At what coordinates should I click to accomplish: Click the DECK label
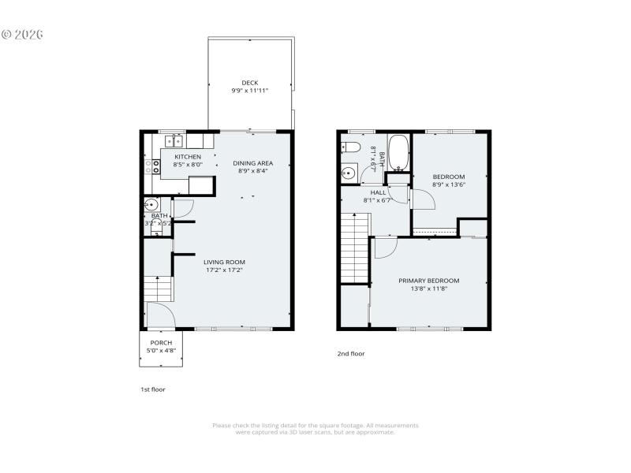pyautogui.click(x=249, y=82)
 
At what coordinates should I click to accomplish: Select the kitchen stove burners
pyautogui.click(x=148, y=166)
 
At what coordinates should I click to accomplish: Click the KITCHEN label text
pyautogui.click(x=189, y=157)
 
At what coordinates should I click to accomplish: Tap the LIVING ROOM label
pyautogui.click(x=224, y=263)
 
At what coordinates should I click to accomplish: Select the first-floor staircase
pyautogui.click(x=159, y=289)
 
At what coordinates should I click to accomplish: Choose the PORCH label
pyautogui.click(x=161, y=342)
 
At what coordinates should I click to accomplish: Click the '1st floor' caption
pyautogui.click(x=152, y=389)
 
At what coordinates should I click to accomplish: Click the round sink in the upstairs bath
pyautogui.click(x=348, y=173)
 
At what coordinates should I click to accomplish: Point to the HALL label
pyautogui.click(x=378, y=192)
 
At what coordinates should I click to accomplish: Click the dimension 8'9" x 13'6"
pyautogui.click(x=448, y=185)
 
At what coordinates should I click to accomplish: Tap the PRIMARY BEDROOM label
pyautogui.click(x=428, y=281)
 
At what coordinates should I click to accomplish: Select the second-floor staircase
pyautogui.click(x=355, y=248)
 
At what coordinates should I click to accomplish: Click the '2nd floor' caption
pyautogui.click(x=351, y=354)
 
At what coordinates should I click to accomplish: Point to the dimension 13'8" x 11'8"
pyautogui.click(x=428, y=289)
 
